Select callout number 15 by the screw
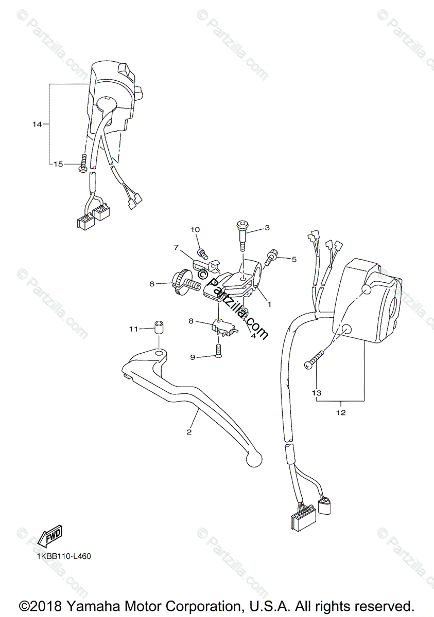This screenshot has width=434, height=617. [58, 164]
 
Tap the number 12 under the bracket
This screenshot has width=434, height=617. [341, 412]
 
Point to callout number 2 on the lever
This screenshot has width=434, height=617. [189, 432]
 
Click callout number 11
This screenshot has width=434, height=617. [134, 329]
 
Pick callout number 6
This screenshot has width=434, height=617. [152, 283]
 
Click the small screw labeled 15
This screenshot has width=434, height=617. [81, 166]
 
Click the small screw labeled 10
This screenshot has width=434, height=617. [203, 253]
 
